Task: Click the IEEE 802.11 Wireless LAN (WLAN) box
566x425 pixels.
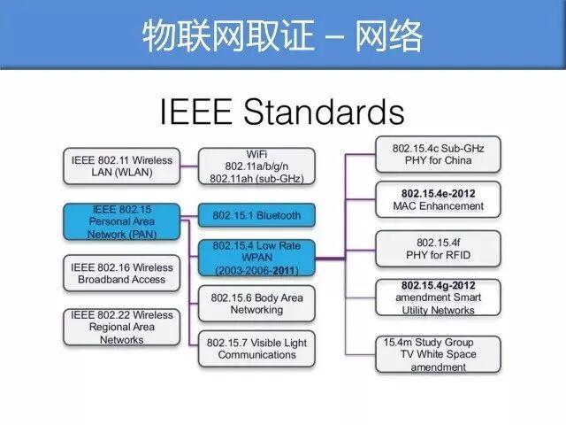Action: (122, 166)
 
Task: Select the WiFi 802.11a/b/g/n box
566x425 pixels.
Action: (256, 166)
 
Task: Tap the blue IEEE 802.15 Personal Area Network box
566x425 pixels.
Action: (122, 221)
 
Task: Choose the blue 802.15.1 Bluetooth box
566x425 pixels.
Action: (256, 215)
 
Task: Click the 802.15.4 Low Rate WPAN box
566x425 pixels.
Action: (256, 258)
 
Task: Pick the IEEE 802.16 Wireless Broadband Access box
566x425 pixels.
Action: (122, 274)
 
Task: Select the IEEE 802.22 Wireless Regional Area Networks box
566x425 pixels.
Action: (122, 327)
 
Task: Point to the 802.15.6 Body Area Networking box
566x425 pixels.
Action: (256, 304)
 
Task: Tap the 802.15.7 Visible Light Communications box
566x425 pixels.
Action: (256, 349)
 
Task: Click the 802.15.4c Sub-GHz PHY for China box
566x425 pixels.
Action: (439, 154)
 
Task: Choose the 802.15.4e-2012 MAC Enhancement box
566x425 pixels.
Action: (439, 199)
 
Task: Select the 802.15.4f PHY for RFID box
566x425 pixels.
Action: (439, 249)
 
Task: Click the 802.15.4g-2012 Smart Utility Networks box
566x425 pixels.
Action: (439, 297)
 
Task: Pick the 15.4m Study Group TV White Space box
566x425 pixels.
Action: (439, 354)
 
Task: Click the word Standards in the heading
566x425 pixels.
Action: (324, 112)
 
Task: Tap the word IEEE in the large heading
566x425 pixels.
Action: (195, 112)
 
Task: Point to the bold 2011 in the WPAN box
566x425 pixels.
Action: (284, 270)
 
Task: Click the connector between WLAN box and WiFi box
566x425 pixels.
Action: (189, 166)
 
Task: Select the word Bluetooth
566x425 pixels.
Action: (279, 215)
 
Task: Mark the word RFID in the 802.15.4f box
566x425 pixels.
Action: (458, 255)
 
